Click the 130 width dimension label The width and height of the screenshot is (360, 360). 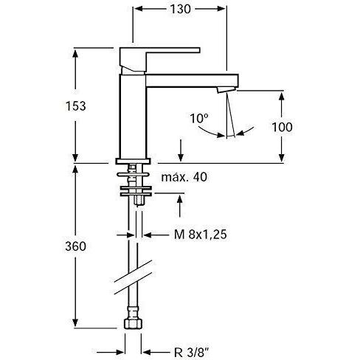click(180, 9)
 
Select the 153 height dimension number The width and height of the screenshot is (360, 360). click(76, 106)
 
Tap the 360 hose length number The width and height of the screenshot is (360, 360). click(76, 246)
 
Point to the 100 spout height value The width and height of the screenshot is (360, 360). click(282, 127)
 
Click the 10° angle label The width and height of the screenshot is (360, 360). click(199, 118)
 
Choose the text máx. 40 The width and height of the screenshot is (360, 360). click(184, 177)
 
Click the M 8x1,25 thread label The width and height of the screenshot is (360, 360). click(201, 235)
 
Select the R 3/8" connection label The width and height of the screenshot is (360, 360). click(191, 353)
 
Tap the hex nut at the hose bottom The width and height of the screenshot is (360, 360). click(133, 324)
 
